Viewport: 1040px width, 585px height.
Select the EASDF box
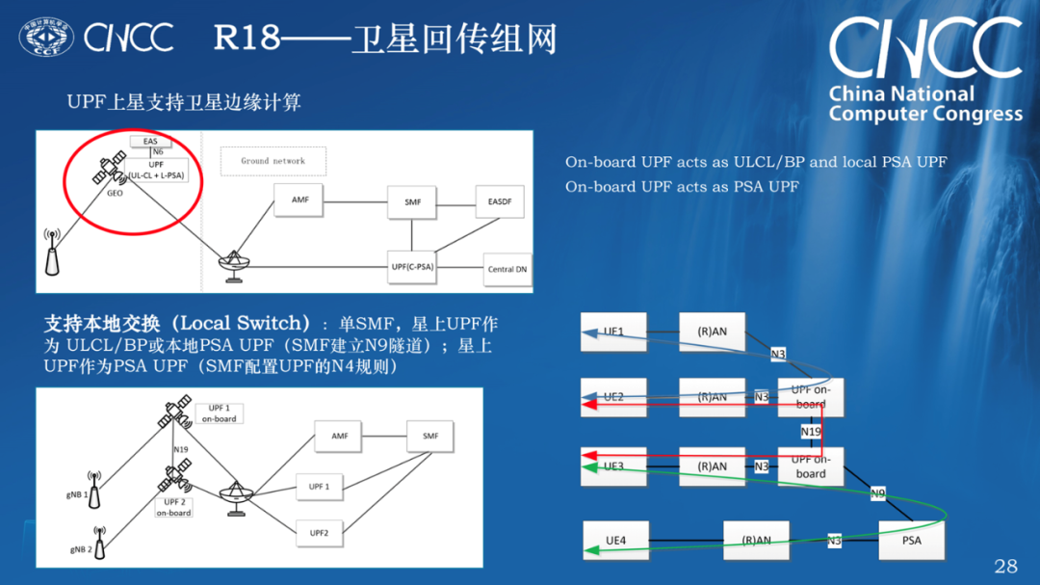(x=500, y=201)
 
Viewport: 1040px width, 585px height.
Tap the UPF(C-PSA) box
(x=411, y=266)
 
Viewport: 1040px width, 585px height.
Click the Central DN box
(x=507, y=270)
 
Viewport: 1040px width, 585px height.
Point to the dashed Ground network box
(x=273, y=161)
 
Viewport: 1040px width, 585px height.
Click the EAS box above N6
(x=150, y=141)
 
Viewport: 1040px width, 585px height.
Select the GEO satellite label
(x=116, y=193)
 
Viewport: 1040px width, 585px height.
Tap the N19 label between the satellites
(x=180, y=449)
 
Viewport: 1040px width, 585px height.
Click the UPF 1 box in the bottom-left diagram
(x=319, y=487)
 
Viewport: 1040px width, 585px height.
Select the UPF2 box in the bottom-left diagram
(x=319, y=533)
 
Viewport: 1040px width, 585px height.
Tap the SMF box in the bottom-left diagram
(x=429, y=436)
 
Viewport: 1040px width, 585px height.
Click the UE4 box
(x=615, y=541)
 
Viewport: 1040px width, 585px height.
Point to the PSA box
(x=911, y=541)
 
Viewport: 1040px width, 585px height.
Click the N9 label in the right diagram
(x=877, y=493)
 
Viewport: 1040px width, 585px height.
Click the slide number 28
(x=1004, y=565)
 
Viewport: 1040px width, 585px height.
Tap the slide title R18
(x=246, y=39)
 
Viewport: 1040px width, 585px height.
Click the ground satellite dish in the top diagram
(x=232, y=266)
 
